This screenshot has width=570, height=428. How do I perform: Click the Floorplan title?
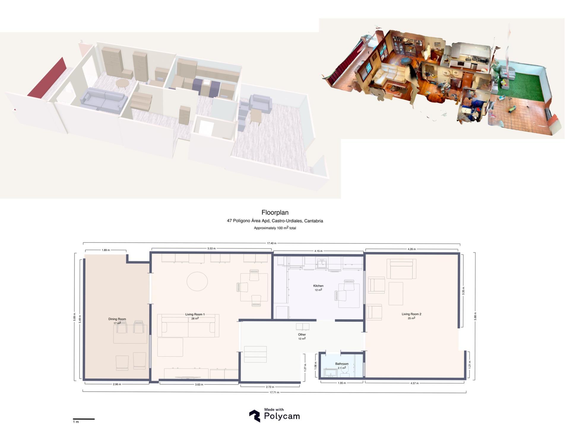tap(275, 213)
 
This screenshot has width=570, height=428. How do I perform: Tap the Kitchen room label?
tap(318, 286)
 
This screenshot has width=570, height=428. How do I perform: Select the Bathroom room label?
tap(342, 364)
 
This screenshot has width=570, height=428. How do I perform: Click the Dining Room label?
tap(117, 319)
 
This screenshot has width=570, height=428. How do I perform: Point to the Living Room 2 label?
tap(411, 314)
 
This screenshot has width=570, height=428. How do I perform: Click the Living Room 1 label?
tap(195, 314)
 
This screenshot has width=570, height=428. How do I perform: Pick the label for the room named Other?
tap(302, 335)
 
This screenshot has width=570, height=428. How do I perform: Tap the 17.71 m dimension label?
tap(274, 392)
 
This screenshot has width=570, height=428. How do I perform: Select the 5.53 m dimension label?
tap(211, 248)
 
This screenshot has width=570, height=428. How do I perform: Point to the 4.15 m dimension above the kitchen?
tap(318, 251)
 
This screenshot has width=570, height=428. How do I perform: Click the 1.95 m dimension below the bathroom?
tap(342, 383)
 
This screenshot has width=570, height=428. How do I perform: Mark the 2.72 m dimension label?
tap(270, 387)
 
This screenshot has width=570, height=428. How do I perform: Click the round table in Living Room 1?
tap(197, 281)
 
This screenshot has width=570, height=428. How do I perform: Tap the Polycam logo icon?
tap(254, 416)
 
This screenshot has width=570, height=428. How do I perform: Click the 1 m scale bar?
tap(84, 419)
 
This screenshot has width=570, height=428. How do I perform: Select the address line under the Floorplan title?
tap(275, 221)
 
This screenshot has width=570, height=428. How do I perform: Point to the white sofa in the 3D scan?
tap(389, 74)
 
